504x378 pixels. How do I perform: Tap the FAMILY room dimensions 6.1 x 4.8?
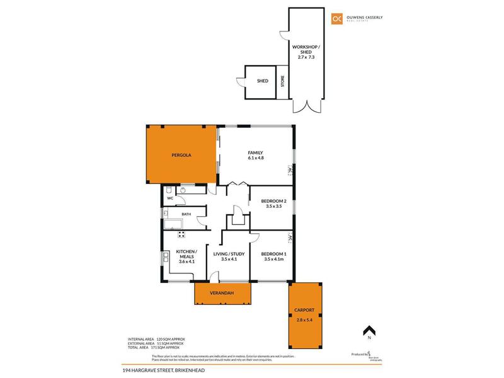[255, 158]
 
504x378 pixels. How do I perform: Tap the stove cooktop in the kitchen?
[181, 235]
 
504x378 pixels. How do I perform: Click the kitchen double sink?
[166, 257]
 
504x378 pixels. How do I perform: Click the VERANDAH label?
[222, 294]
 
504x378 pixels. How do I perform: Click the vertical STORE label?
[283, 81]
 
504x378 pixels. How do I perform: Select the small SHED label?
[262, 81]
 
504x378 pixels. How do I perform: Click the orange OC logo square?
[337, 20]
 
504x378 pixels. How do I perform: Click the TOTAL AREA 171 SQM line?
[154, 348]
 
